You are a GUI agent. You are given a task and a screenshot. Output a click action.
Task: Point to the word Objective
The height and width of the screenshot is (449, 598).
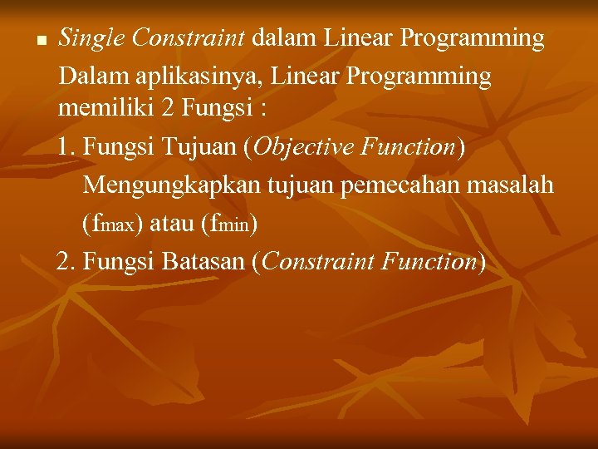[x=303, y=147]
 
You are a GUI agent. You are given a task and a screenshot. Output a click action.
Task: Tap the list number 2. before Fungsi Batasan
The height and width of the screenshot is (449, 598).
[x=66, y=262]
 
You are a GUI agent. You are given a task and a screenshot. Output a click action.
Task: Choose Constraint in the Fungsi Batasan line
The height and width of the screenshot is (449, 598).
[x=321, y=262]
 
